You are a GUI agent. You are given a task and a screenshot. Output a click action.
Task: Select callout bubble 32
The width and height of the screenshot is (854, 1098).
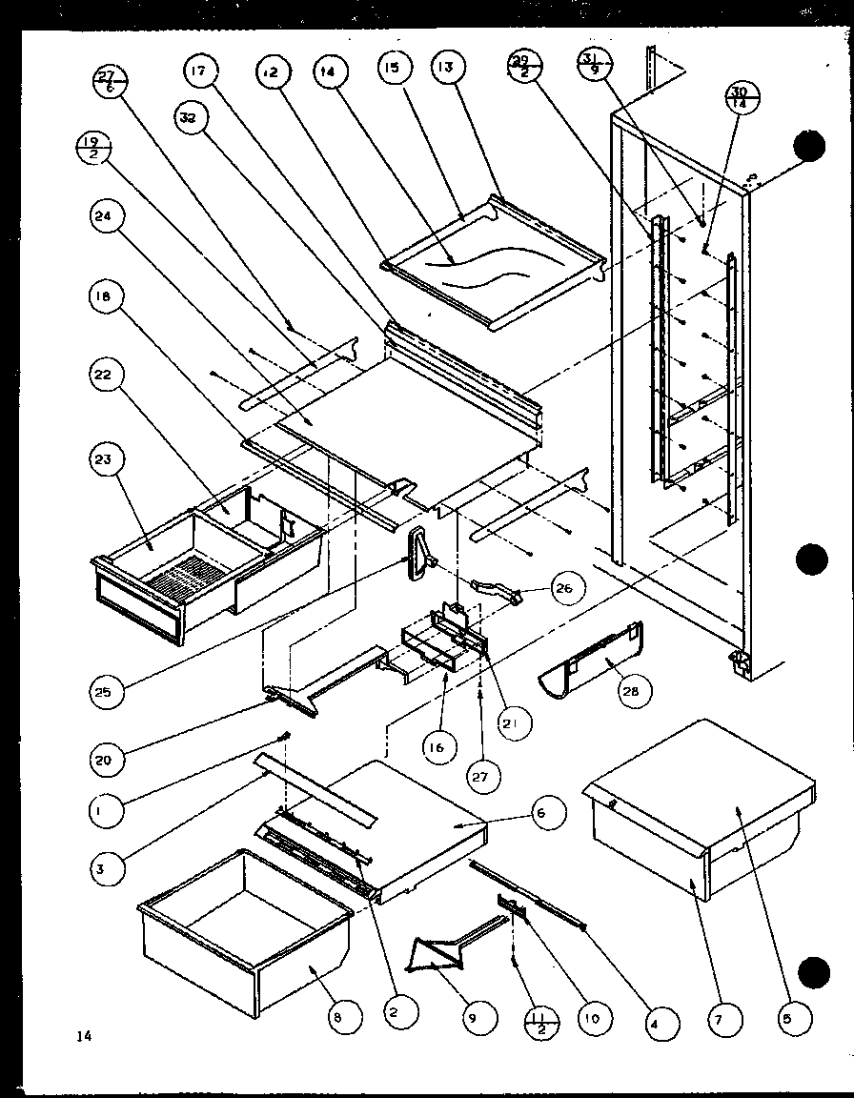191,117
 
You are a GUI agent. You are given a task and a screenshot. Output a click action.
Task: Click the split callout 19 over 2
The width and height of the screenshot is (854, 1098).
91,149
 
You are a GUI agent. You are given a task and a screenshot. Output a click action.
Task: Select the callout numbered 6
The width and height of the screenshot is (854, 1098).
542,812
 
